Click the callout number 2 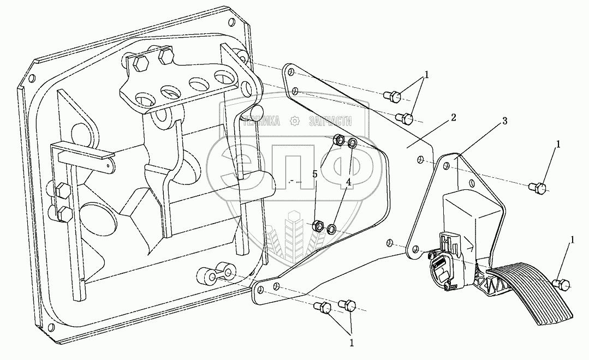tap(454, 117)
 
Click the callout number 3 tap(505, 121)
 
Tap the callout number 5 tap(315, 175)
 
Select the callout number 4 tap(349, 182)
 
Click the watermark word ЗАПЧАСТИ tap(330, 121)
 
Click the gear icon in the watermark tap(295, 121)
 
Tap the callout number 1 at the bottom tap(352, 343)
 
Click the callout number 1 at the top tap(426, 74)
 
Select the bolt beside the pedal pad tap(561, 285)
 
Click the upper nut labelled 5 tap(340, 140)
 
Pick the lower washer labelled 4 tap(332, 229)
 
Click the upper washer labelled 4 tap(353, 143)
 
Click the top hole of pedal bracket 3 tap(447, 166)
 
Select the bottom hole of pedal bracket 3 tap(415, 249)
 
